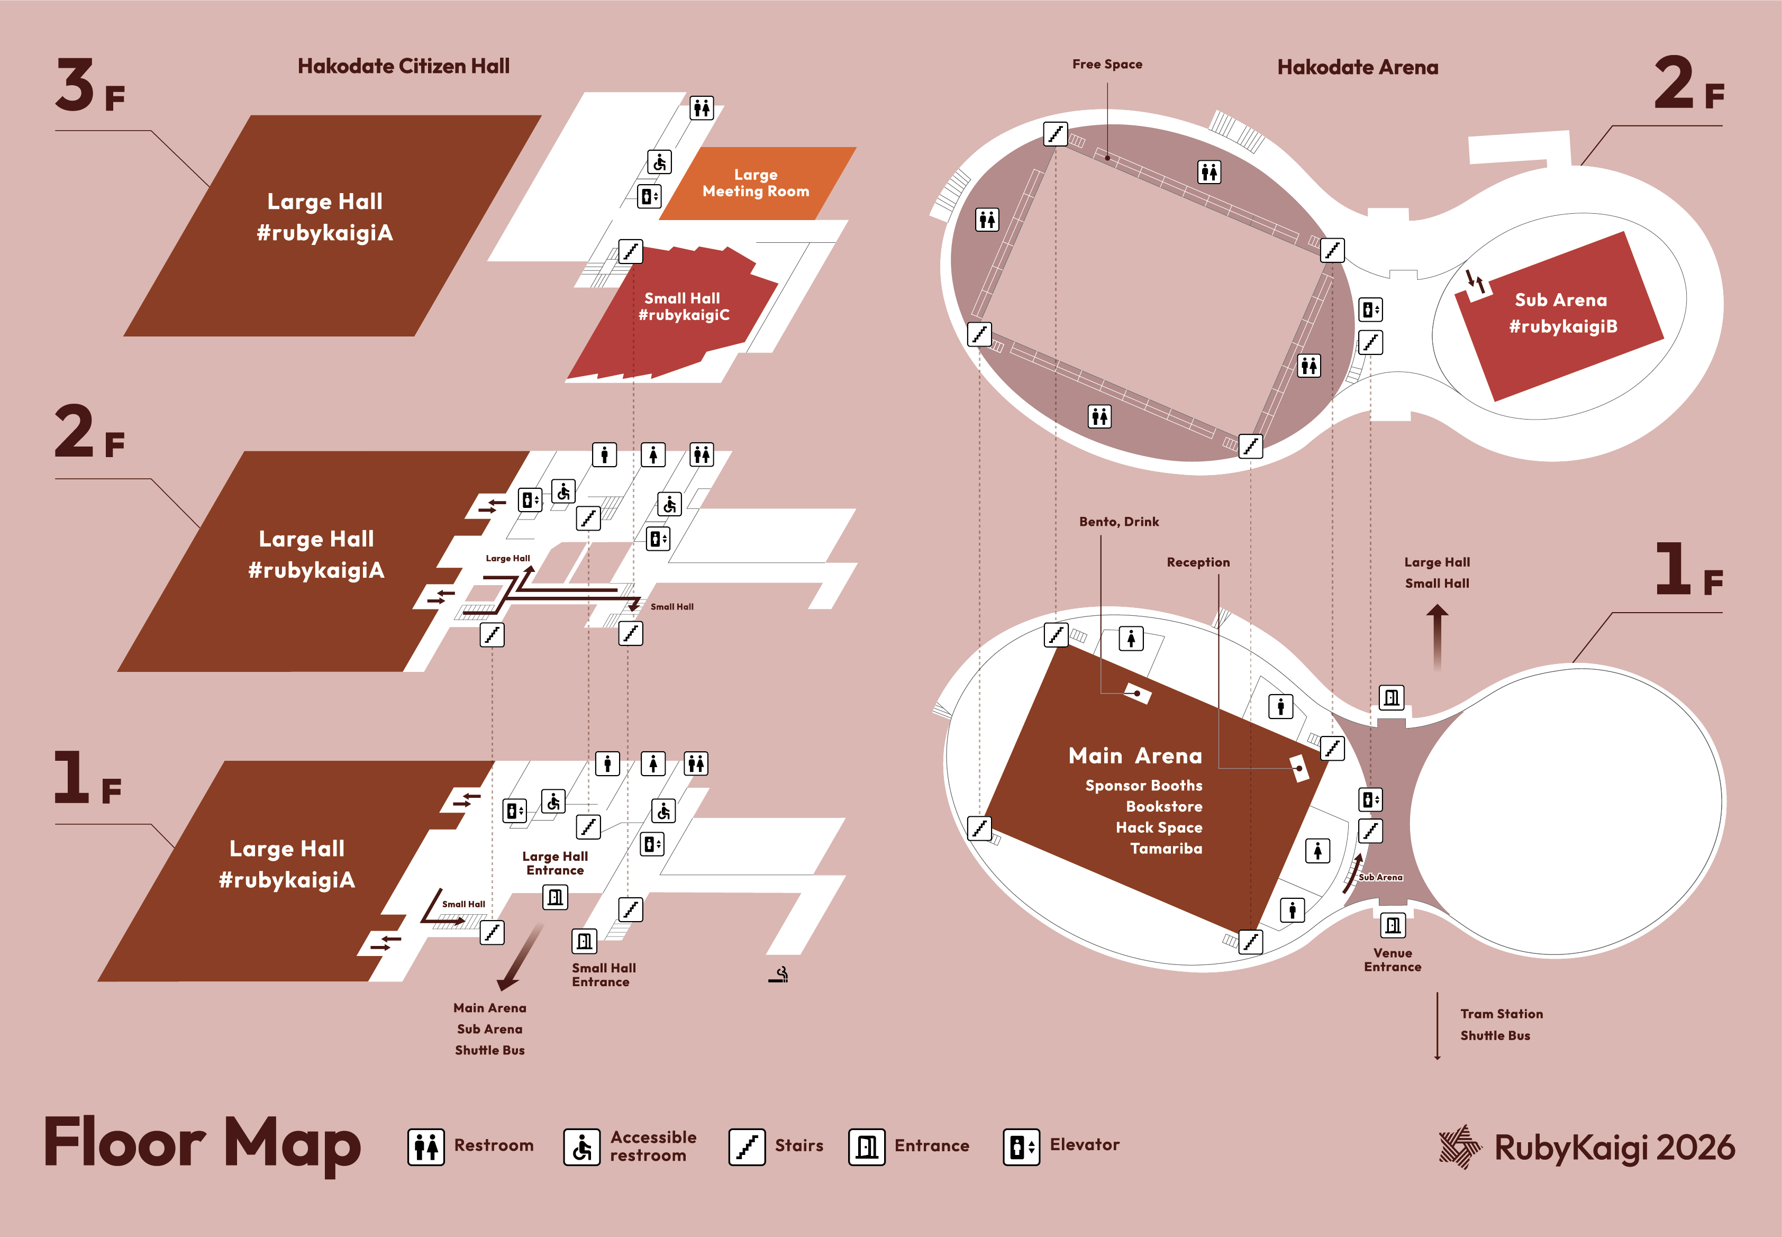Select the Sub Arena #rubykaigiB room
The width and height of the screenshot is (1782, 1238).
click(1561, 313)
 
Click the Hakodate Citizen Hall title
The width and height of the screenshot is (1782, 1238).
click(403, 67)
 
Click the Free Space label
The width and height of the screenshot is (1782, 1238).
click(1107, 65)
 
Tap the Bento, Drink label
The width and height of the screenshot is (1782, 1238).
click(1119, 522)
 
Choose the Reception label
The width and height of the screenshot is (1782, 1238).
click(1198, 562)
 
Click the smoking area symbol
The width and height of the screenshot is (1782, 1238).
click(779, 975)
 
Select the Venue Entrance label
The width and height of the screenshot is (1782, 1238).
click(1393, 960)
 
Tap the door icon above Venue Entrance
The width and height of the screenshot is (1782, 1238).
click(1393, 925)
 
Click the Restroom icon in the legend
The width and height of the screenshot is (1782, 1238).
click(426, 1146)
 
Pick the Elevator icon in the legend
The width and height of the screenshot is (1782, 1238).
click(1021, 1146)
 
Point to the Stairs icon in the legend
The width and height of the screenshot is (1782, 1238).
click(747, 1146)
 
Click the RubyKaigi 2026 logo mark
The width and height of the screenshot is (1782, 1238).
click(1460, 1146)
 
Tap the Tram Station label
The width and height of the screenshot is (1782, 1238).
click(1501, 1014)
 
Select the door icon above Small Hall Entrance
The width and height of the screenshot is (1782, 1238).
click(584, 941)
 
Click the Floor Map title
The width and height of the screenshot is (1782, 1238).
click(203, 1144)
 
